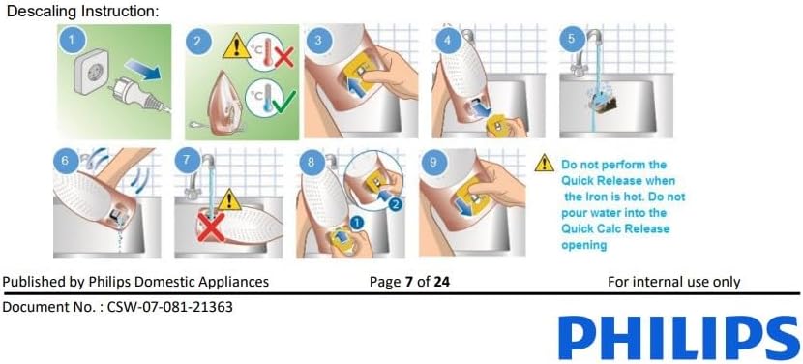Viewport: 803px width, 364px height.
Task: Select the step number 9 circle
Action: pyautogui.click(x=433, y=162)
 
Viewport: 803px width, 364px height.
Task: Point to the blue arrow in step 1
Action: pyautogui.click(x=144, y=70)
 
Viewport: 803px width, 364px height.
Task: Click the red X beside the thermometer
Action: pyautogui.click(x=283, y=55)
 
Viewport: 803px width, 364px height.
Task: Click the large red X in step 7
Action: pyautogui.click(x=211, y=227)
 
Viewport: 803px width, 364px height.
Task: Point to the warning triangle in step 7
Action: pyautogui.click(x=229, y=200)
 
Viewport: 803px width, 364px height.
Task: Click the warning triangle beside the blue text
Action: pyautogui.click(x=544, y=163)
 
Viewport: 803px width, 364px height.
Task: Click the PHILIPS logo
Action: pyautogui.click(x=679, y=338)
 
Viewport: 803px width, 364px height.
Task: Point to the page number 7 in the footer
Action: pyautogui.click(x=408, y=282)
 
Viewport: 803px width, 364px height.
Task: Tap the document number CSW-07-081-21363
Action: pyautogui.click(x=170, y=307)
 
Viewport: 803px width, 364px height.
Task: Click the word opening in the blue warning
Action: pyautogui.click(x=583, y=245)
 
